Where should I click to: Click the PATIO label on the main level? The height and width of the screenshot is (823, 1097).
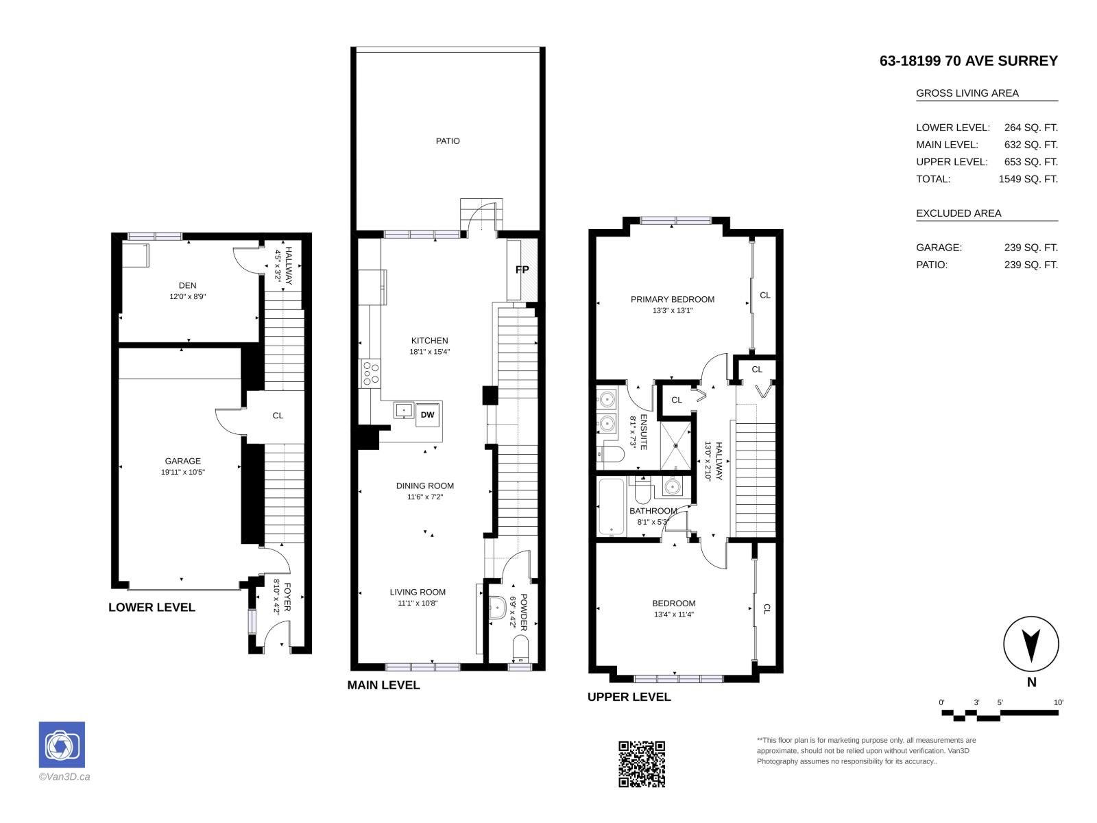pos(447,141)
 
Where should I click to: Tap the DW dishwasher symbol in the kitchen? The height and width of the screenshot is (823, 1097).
pos(427,415)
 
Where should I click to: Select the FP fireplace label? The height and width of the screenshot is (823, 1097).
pos(522,270)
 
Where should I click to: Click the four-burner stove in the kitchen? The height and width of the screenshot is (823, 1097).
pos(370,373)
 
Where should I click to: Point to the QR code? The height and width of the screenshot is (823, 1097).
pos(642,764)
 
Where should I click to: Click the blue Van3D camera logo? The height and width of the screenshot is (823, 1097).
pos(62,745)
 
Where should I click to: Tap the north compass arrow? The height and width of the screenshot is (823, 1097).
pos(1031,645)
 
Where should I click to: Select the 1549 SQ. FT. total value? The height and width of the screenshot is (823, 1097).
pos(1028,179)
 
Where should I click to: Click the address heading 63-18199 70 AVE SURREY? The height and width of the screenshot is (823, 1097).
pos(969,61)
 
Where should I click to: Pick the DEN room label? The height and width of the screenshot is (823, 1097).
pos(187,285)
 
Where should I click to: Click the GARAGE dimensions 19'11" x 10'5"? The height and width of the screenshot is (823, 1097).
pos(183,472)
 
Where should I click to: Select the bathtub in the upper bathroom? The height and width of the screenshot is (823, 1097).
pos(612,507)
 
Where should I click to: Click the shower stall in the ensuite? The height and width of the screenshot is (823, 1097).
pos(675,445)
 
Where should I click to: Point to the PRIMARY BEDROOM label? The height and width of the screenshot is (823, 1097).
pos(672,299)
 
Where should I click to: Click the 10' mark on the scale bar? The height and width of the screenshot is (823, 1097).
pos(1058,702)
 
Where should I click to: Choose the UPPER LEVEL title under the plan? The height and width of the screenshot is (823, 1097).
pos(629,697)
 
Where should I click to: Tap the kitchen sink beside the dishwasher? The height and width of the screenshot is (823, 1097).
pos(403,410)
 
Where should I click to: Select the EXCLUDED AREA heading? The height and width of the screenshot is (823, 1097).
pos(959,213)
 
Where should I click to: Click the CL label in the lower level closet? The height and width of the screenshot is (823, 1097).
pos(278,415)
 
